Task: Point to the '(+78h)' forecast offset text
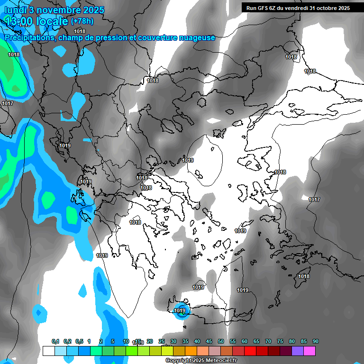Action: [x=82, y=21]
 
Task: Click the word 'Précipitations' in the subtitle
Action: [x=28, y=37]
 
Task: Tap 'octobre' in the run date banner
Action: [x=325, y=8]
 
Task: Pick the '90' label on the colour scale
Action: [x=316, y=342]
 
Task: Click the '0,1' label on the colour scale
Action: [x=55, y=342]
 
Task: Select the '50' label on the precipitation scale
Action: [x=221, y=342]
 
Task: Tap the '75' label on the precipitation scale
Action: [x=280, y=342]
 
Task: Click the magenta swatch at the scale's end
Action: [x=309, y=351]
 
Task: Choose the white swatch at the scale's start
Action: [x=48, y=351]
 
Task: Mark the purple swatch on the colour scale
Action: [x=298, y=351]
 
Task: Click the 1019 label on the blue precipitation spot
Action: [x=180, y=311]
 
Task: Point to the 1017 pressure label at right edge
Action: [x=314, y=200]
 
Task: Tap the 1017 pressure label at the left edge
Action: [x=7, y=103]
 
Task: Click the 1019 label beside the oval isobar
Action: [x=188, y=160]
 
